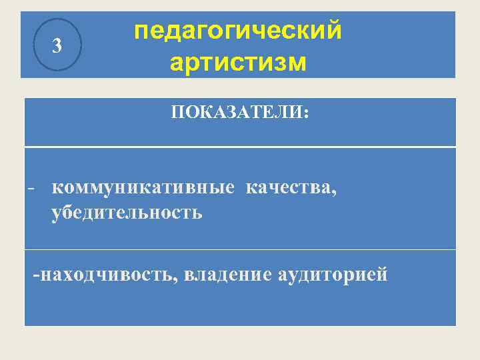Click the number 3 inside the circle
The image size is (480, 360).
[57, 46]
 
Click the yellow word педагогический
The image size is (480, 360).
[238, 31]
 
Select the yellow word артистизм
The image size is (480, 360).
[238, 63]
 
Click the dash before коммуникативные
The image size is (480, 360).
[31, 189]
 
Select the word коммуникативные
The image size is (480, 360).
[143, 189]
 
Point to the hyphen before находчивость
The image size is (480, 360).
[37, 275]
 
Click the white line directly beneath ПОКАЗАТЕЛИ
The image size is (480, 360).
[240, 147]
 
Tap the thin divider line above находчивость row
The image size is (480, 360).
[240, 250]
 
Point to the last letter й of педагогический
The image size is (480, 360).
[335, 31]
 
